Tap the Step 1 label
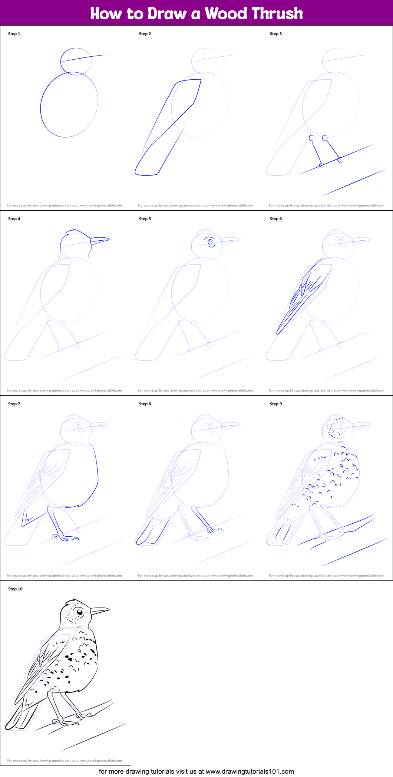click(14, 34)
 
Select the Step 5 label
click(145, 219)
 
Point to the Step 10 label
click(15, 589)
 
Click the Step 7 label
click(14, 404)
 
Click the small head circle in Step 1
click(76, 62)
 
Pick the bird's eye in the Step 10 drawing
click(80, 612)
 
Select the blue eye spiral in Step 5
click(211, 243)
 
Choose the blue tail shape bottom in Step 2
click(147, 174)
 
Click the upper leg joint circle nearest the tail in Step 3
click(312, 138)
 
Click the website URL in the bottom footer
click(250, 771)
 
